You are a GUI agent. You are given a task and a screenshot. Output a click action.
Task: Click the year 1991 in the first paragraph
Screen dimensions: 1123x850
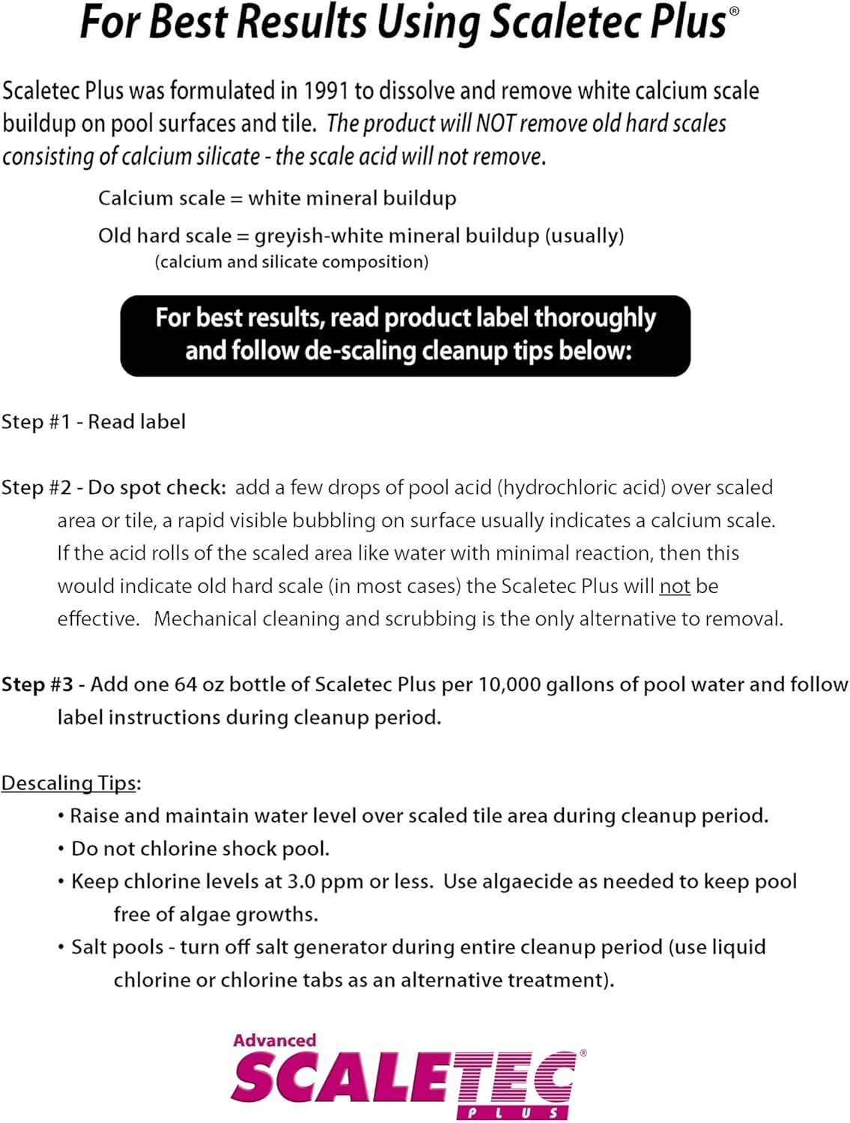[x=326, y=91]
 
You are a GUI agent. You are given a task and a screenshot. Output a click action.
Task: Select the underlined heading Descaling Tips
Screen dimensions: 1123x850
[x=70, y=783]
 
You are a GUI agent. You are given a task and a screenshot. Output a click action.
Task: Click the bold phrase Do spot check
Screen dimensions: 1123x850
[x=157, y=488]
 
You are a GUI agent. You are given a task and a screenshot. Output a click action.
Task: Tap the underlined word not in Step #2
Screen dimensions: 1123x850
[x=675, y=586]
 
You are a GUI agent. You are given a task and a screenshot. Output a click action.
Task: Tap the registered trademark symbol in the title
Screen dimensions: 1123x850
[x=735, y=11]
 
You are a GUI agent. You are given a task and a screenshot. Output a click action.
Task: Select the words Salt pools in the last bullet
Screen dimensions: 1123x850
[x=117, y=948]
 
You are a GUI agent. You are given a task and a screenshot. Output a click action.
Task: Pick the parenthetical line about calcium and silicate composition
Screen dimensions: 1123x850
[x=291, y=262]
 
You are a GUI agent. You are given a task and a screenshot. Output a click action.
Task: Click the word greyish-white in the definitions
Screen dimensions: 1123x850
[x=319, y=236]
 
